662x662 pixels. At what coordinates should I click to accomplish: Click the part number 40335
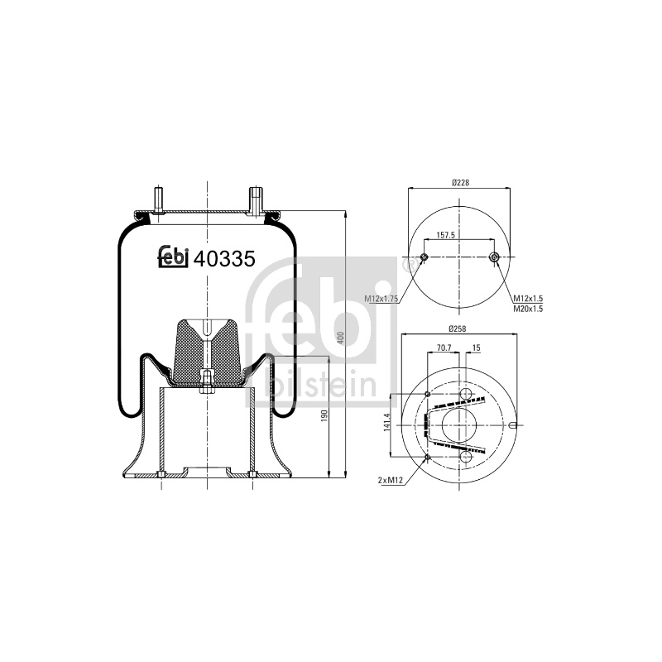[x=224, y=258]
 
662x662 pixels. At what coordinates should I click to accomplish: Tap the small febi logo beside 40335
[x=173, y=257]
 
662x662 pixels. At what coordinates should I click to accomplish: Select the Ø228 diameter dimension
[x=460, y=183]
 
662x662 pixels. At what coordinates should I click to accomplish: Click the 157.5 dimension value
[x=445, y=235]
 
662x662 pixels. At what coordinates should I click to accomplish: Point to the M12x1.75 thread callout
[x=381, y=299]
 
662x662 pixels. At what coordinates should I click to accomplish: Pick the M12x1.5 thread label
[x=528, y=299]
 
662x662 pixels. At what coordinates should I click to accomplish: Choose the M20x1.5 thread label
[x=528, y=309]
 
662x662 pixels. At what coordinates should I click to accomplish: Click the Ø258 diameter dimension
[x=458, y=329]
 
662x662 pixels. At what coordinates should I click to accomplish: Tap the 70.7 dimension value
[x=444, y=348]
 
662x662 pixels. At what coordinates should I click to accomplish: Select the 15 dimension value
[x=477, y=348]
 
